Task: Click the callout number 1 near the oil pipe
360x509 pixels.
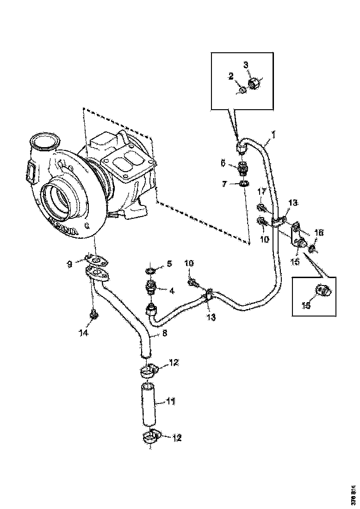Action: click(273, 135)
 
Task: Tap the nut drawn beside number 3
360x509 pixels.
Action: click(254, 84)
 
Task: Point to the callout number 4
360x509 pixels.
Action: click(171, 291)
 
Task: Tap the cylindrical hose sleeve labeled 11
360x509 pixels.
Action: click(149, 403)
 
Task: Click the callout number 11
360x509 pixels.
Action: click(170, 402)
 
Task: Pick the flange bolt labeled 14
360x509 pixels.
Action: click(94, 315)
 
